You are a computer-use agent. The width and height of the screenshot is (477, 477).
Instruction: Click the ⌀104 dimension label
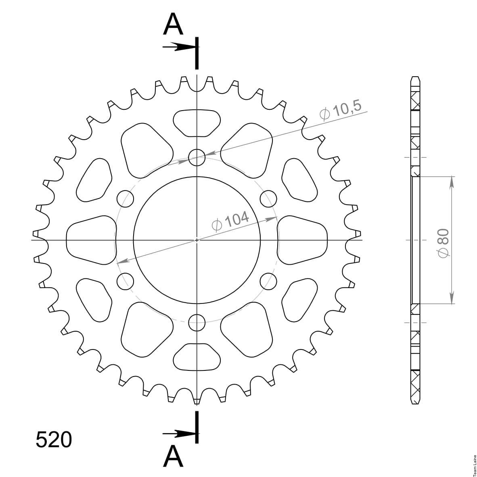point(230,221)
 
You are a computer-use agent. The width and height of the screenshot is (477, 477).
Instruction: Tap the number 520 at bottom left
point(54,439)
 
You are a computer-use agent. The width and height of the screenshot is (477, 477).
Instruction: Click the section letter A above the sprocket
point(173,24)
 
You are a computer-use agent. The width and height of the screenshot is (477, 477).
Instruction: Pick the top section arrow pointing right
point(178,47)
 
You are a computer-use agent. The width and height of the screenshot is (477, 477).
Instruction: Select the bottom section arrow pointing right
point(178,433)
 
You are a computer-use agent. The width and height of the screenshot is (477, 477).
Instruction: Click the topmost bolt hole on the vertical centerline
point(197,157)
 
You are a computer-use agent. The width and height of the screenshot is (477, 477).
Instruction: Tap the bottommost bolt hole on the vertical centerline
point(197,322)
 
